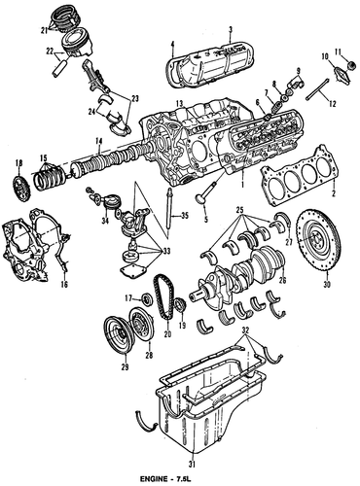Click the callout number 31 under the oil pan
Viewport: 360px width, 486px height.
[x=193, y=465]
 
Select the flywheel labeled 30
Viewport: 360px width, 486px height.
[x=318, y=241]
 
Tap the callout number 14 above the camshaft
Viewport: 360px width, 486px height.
[x=99, y=141]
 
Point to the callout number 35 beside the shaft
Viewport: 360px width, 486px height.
[x=185, y=216]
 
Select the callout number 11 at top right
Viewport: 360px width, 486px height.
[x=339, y=52]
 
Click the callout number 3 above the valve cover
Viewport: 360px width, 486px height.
[x=231, y=30]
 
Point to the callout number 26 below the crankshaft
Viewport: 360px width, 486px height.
[x=282, y=280]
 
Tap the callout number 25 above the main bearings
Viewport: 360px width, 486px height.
[x=241, y=211]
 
